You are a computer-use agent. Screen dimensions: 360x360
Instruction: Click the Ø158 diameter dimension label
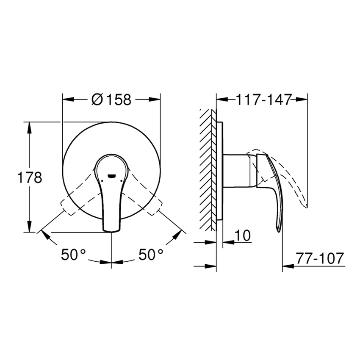click(x=111, y=100)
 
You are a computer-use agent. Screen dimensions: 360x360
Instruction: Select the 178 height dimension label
click(x=29, y=177)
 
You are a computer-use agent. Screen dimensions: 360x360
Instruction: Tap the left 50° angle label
click(x=73, y=255)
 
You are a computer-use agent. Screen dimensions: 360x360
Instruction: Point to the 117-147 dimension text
click(x=263, y=100)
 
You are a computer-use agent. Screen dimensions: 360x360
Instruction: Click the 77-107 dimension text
click(x=319, y=259)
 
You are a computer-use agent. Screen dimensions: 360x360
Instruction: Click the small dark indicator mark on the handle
click(x=111, y=174)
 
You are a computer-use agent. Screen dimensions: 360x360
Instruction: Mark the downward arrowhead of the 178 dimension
click(x=29, y=228)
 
